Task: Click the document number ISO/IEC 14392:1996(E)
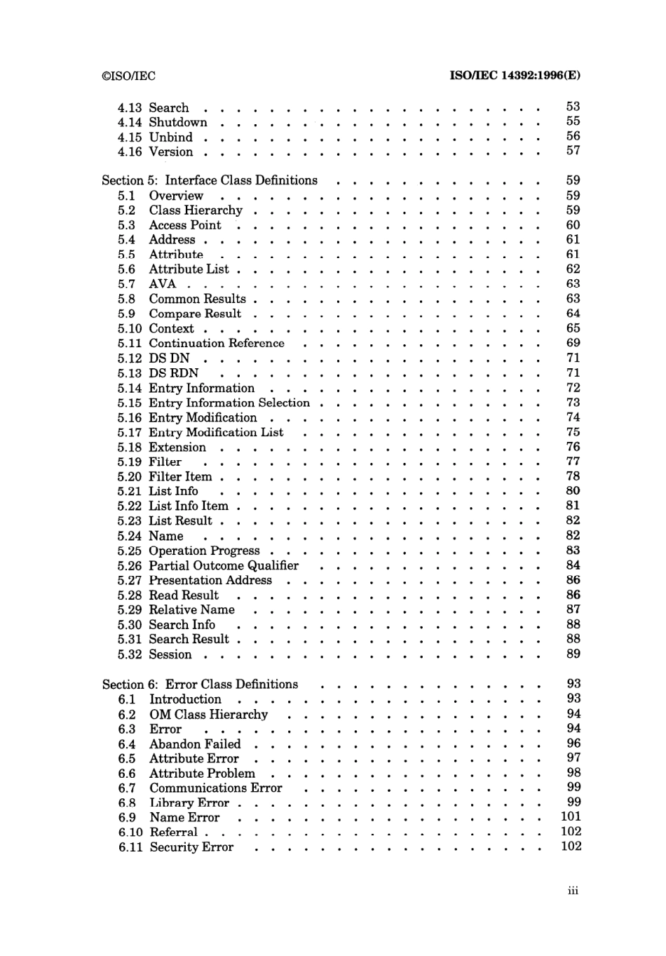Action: [x=515, y=76]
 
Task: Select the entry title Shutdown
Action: [x=178, y=123]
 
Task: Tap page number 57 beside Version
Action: [x=573, y=151]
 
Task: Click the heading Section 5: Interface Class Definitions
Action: [x=210, y=181]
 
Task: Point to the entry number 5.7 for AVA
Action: [x=126, y=284]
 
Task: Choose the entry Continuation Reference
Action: [x=217, y=344]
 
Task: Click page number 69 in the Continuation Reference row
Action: [x=573, y=343]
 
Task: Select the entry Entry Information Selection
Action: [x=229, y=403]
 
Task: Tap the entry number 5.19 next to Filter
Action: [x=129, y=462]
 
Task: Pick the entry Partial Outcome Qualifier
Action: [x=224, y=566]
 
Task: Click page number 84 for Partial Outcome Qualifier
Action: [x=573, y=565]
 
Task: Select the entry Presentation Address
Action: [x=210, y=581]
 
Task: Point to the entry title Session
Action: [x=170, y=654]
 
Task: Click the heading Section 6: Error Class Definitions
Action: [x=200, y=685]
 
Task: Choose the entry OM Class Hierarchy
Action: [x=208, y=715]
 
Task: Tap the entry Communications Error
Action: [x=215, y=788]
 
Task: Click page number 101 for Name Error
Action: [x=571, y=817]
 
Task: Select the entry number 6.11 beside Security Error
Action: [x=130, y=847]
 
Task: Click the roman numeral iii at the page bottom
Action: [x=573, y=891]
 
